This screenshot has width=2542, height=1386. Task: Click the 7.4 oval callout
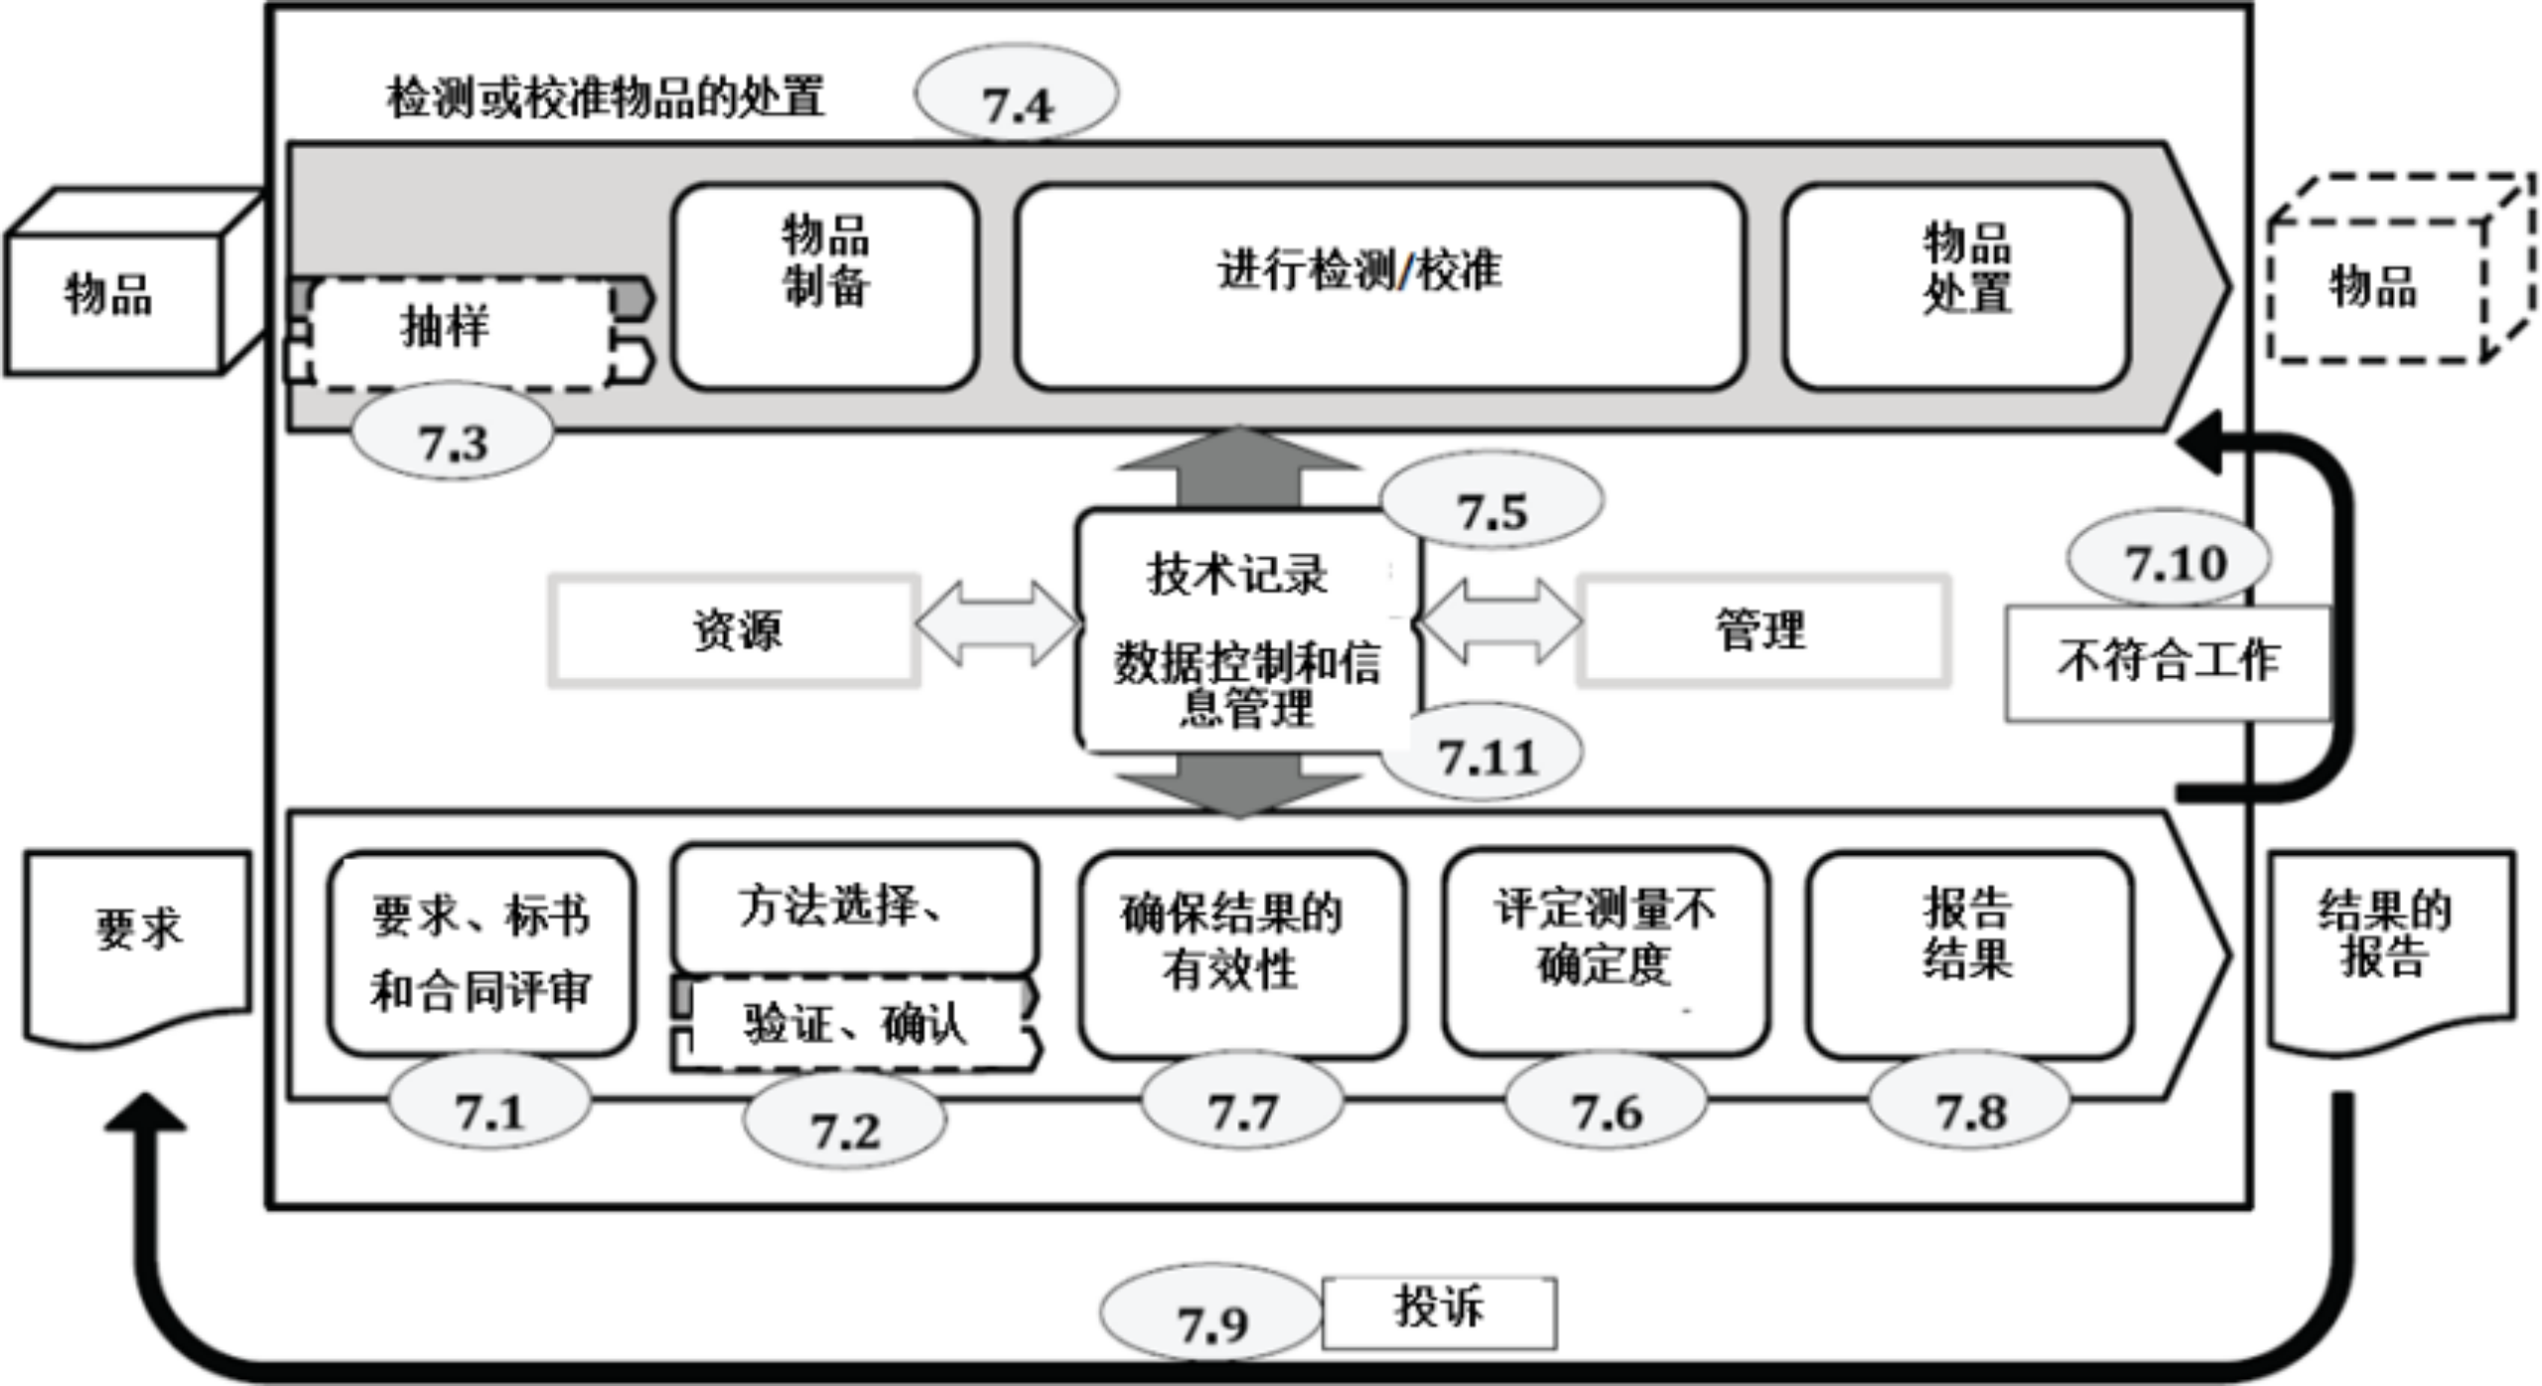click(1017, 94)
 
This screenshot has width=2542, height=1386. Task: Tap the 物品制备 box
click(824, 285)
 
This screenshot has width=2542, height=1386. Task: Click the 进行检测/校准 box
click(1378, 285)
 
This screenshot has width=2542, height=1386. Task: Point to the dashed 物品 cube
click(2383, 283)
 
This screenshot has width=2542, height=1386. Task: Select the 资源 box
click(735, 630)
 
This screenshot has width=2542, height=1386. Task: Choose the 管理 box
click(1763, 630)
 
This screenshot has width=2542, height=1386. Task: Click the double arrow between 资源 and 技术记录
click(997, 624)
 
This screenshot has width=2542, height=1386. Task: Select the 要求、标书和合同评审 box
click(481, 953)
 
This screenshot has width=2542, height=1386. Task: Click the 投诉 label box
click(1439, 1311)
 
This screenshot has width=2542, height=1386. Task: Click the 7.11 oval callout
click(1484, 755)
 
